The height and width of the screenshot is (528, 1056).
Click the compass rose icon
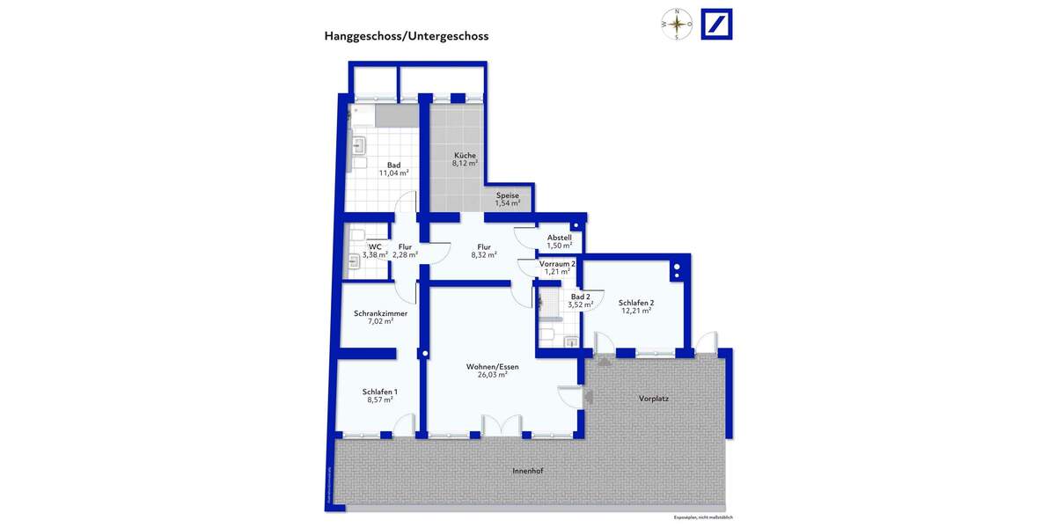pos(677,24)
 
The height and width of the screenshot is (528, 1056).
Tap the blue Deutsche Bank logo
pos(716,24)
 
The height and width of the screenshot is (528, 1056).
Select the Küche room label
pos(465,156)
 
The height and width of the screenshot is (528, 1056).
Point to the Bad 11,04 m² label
pos(393,169)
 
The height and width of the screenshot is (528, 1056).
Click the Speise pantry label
pos(508,195)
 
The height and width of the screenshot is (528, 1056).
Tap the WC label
pos(375,247)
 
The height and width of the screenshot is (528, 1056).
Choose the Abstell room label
pos(560,238)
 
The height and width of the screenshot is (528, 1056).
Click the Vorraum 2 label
pos(558,263)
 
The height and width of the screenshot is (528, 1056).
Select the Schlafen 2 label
pos(635,303)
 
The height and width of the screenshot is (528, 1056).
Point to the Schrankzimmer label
pos(380,312)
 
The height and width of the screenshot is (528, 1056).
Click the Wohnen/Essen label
pos(492,366)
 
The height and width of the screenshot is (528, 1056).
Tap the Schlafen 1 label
pos(380,392)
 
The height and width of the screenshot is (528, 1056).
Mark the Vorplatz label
pos(654,399)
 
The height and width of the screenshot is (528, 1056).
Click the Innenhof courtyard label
pos(528,472)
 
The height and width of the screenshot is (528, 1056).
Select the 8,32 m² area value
pos(484,255)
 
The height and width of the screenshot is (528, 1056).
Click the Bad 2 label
pos(581,297)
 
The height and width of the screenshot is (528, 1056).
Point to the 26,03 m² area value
pos(492,375)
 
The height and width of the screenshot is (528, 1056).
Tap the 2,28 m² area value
pos(405,255)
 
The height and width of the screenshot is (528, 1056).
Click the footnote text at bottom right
pos(703,517)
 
